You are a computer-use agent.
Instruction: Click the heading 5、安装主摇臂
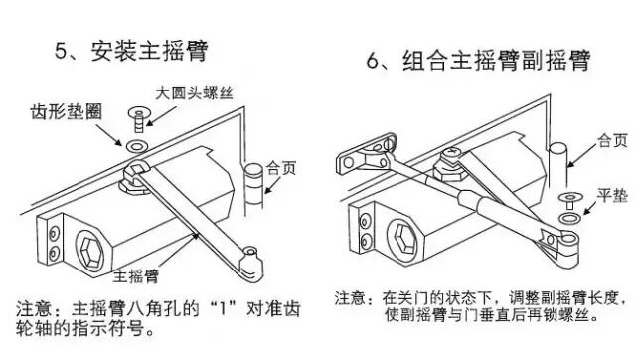(x=131, y=51)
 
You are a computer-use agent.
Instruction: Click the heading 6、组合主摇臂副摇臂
(x=478, y=61)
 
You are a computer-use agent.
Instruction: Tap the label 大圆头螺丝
(x=195, y=93)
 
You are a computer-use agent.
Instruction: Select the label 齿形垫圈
(x=67, y=112)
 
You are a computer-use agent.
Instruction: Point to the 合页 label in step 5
(x=281, y=168)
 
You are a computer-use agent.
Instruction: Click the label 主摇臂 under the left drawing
(x=135, y=276)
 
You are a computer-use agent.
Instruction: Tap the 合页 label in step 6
(x=612, y=141)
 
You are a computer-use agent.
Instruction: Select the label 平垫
(x=612, y=195)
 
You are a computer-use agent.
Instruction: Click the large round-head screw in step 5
(x=139, y=119)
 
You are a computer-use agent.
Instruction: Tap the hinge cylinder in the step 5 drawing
(x=254, y=186)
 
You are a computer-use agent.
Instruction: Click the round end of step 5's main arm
(x=251, y=262)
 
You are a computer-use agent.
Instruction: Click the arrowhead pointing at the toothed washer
(x=117, y=141)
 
